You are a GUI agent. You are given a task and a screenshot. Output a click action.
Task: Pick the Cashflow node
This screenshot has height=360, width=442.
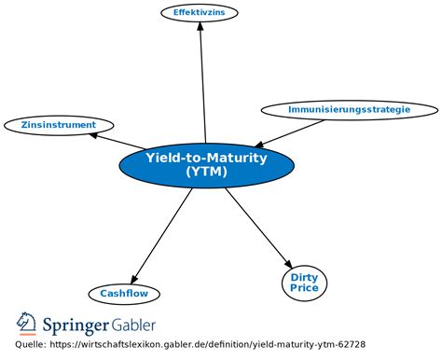[124, 294]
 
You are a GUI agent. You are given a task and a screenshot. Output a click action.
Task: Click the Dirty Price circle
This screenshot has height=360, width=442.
[304, 283]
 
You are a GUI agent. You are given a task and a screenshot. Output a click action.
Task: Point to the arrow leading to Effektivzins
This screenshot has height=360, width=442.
[203, 84]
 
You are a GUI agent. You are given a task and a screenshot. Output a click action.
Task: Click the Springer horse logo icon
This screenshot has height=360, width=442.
[25, 325]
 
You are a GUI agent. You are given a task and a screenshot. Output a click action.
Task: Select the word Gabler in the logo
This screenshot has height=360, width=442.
[134, 325]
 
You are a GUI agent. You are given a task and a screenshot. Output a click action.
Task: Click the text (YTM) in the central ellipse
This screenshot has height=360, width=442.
[205, 172]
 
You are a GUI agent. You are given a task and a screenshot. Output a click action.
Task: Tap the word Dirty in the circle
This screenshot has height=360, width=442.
[304, 277]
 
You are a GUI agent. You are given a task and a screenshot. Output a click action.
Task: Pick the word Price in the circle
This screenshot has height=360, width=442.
[304, 288]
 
